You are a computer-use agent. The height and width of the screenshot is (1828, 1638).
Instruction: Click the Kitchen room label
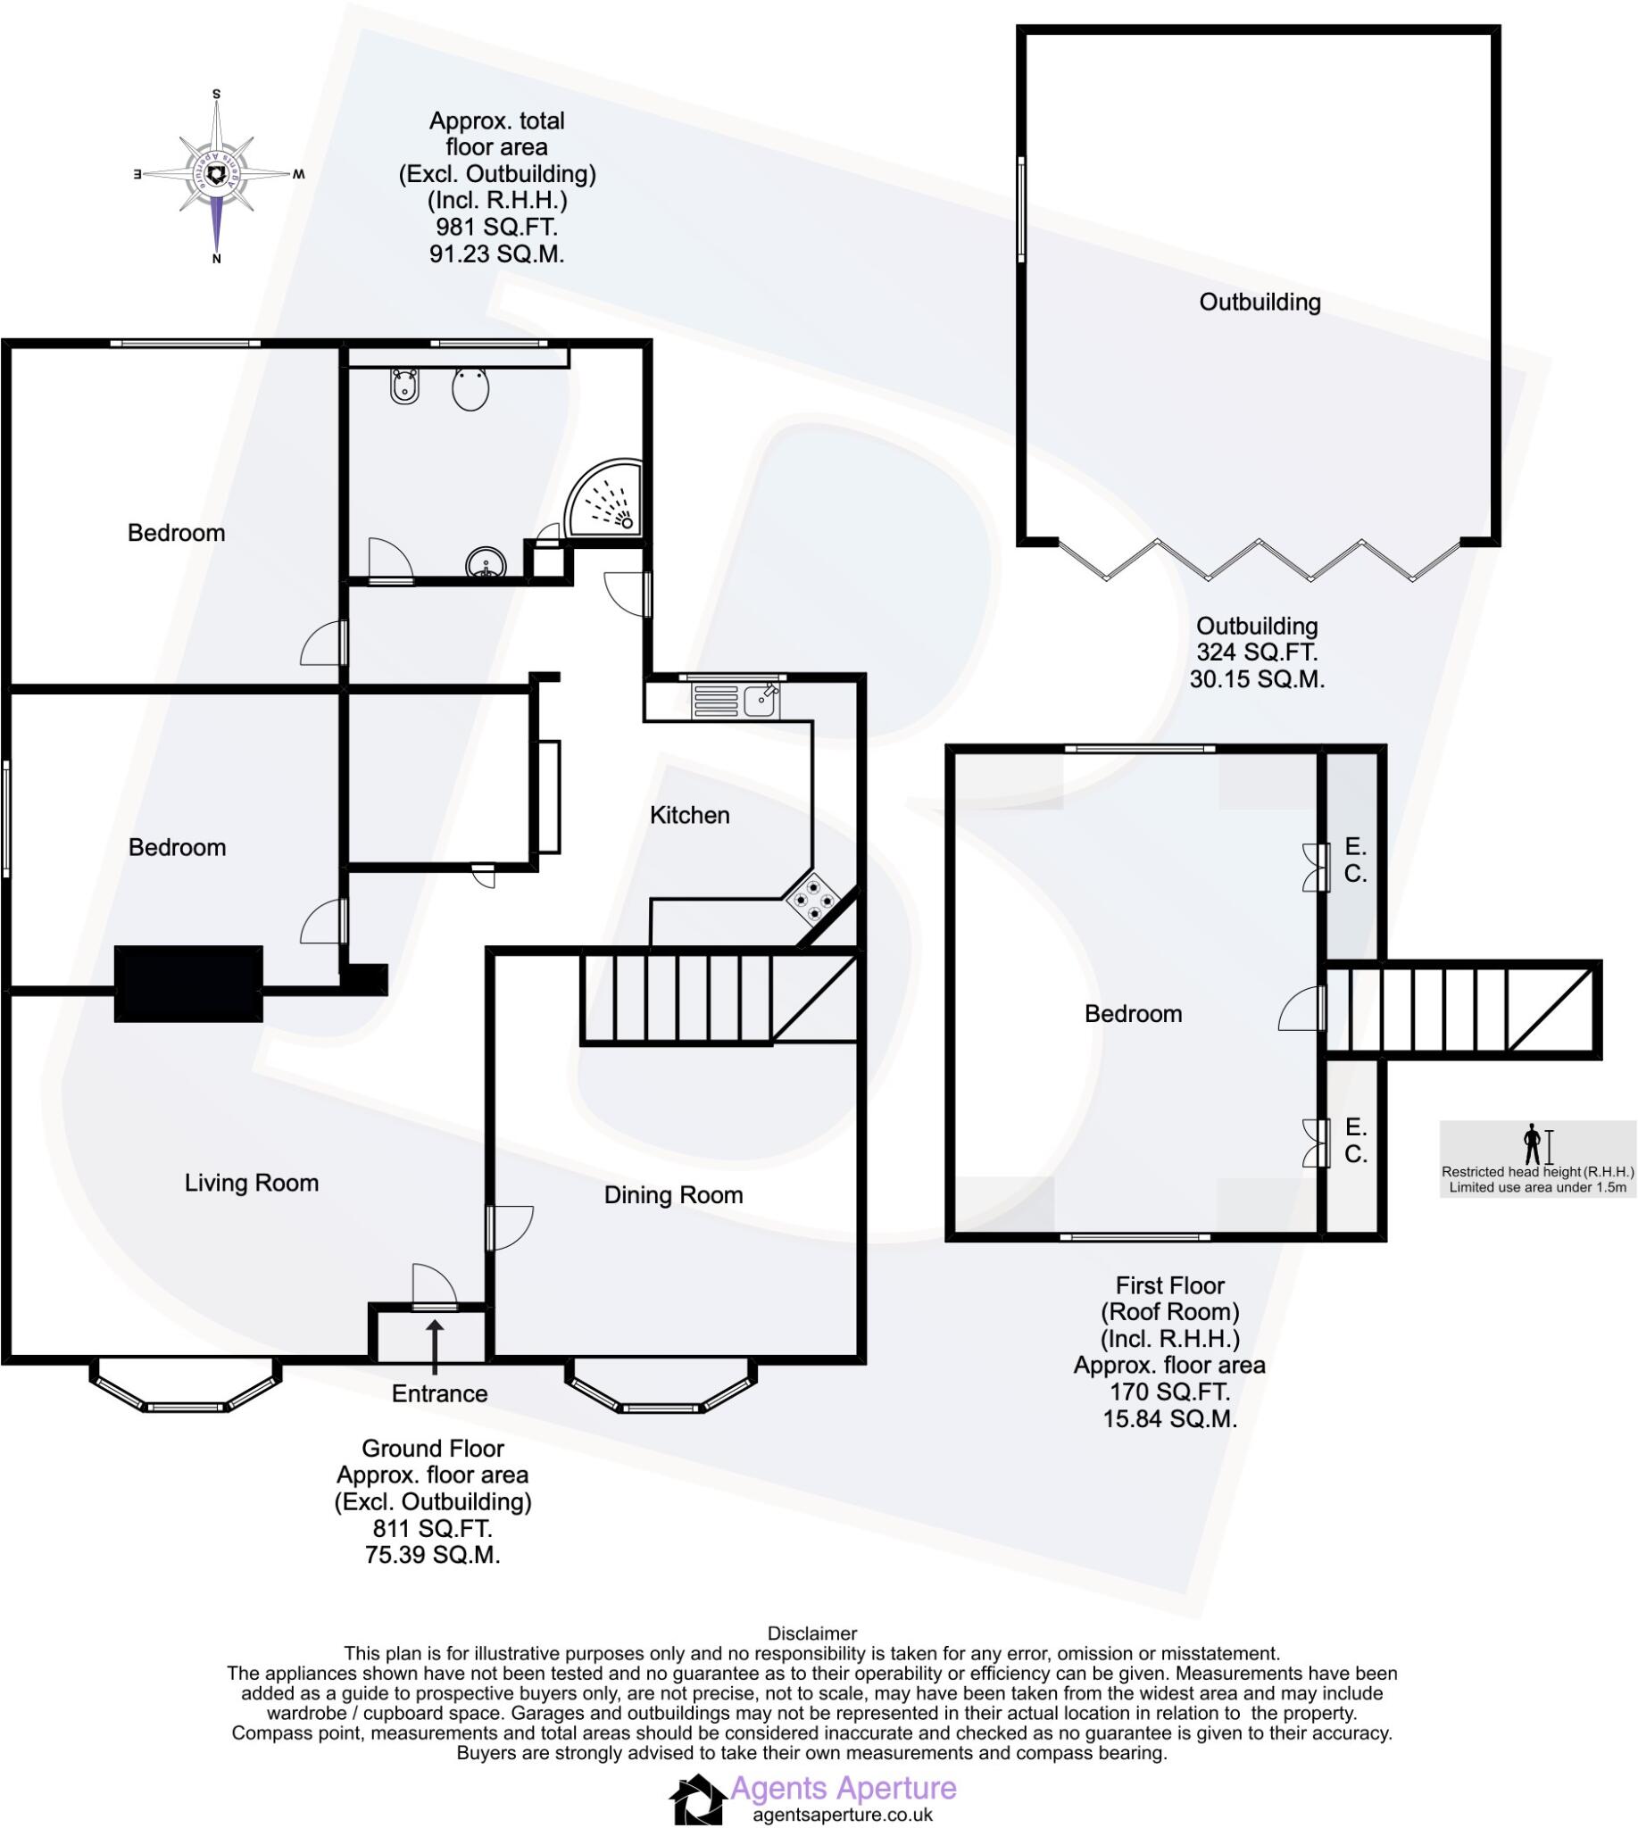click(689, 816)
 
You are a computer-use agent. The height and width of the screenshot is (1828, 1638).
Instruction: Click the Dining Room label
click(673, 1195)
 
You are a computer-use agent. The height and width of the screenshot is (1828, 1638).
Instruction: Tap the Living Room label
click(251, 1183)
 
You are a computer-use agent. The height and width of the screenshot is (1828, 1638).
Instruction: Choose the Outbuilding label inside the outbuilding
click(1260, 303)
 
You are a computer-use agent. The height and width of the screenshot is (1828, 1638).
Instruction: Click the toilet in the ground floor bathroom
click(470, 389)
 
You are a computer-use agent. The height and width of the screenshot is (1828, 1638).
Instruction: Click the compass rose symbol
click(217, 174)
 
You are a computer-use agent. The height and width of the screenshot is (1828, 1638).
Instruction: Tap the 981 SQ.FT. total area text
click(497, 228)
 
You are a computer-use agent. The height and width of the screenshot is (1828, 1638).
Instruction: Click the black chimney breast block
click(189, 984)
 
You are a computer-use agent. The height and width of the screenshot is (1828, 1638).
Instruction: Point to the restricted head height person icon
click(1531, 1144)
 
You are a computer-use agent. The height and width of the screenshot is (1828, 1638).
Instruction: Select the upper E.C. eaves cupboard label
click(1355, 860)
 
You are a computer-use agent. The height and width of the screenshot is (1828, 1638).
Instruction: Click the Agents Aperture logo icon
click(697, 1799)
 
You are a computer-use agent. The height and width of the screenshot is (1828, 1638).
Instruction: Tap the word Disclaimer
click(811, 1633)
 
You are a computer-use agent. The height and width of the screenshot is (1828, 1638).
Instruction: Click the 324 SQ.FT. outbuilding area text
click(1257, 652)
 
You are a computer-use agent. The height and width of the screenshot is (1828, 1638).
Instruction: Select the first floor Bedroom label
click(1133, 1014)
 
